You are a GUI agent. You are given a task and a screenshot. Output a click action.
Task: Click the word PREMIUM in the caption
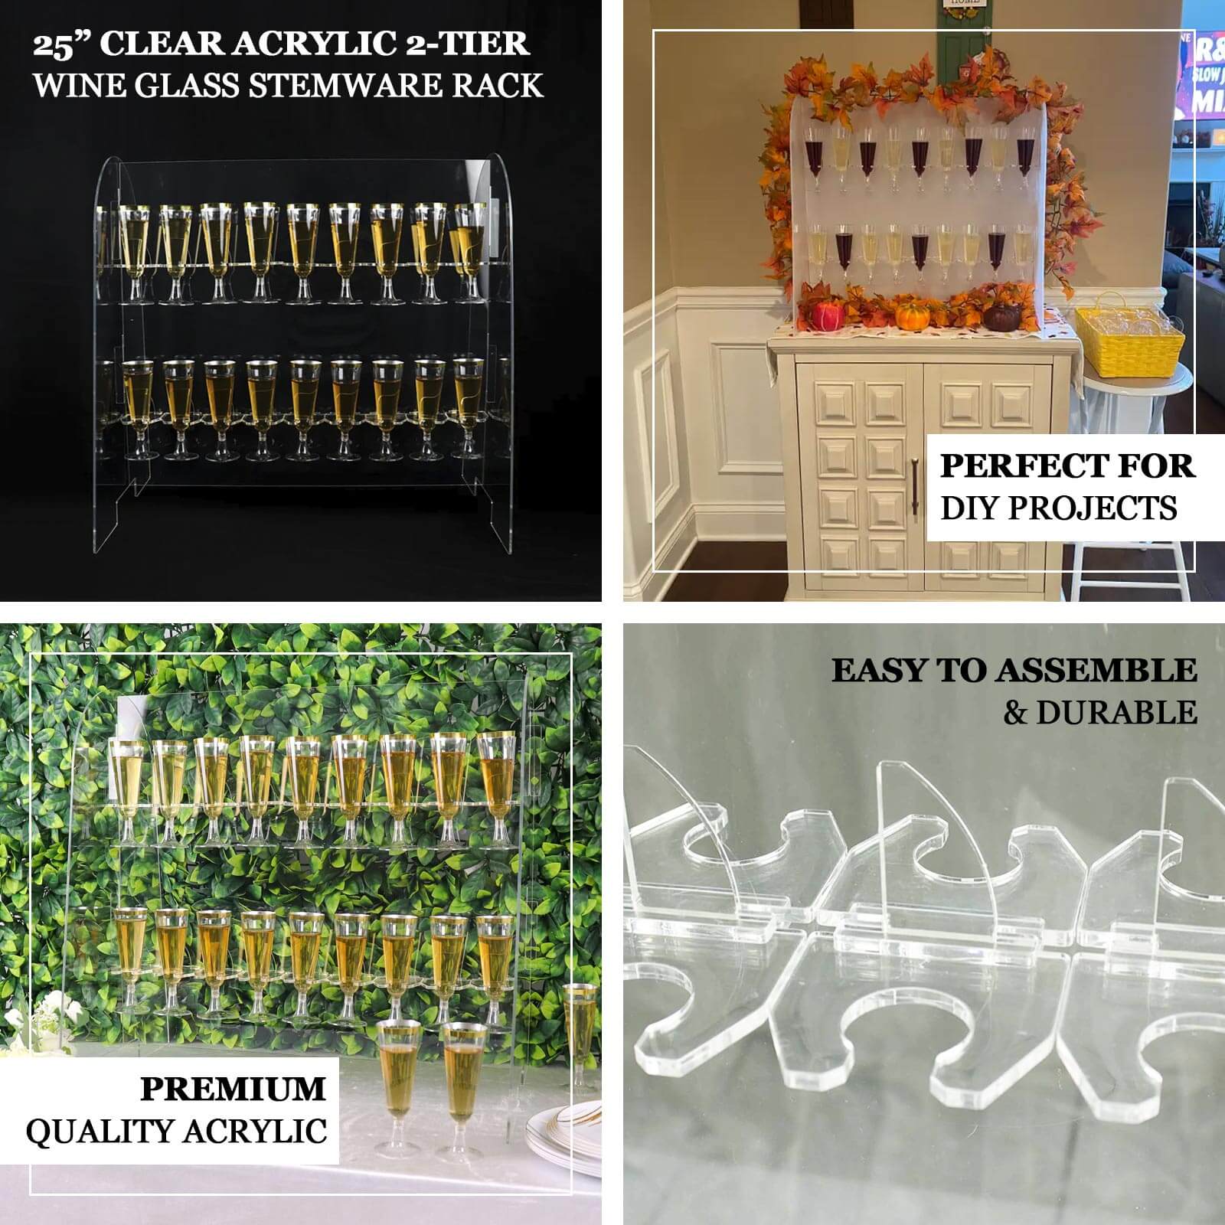[x=233, y=1089]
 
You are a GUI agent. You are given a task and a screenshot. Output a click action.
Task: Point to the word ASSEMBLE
[x=1096, y=671]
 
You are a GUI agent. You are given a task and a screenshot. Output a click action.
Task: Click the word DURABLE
[x=1116, y=713]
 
